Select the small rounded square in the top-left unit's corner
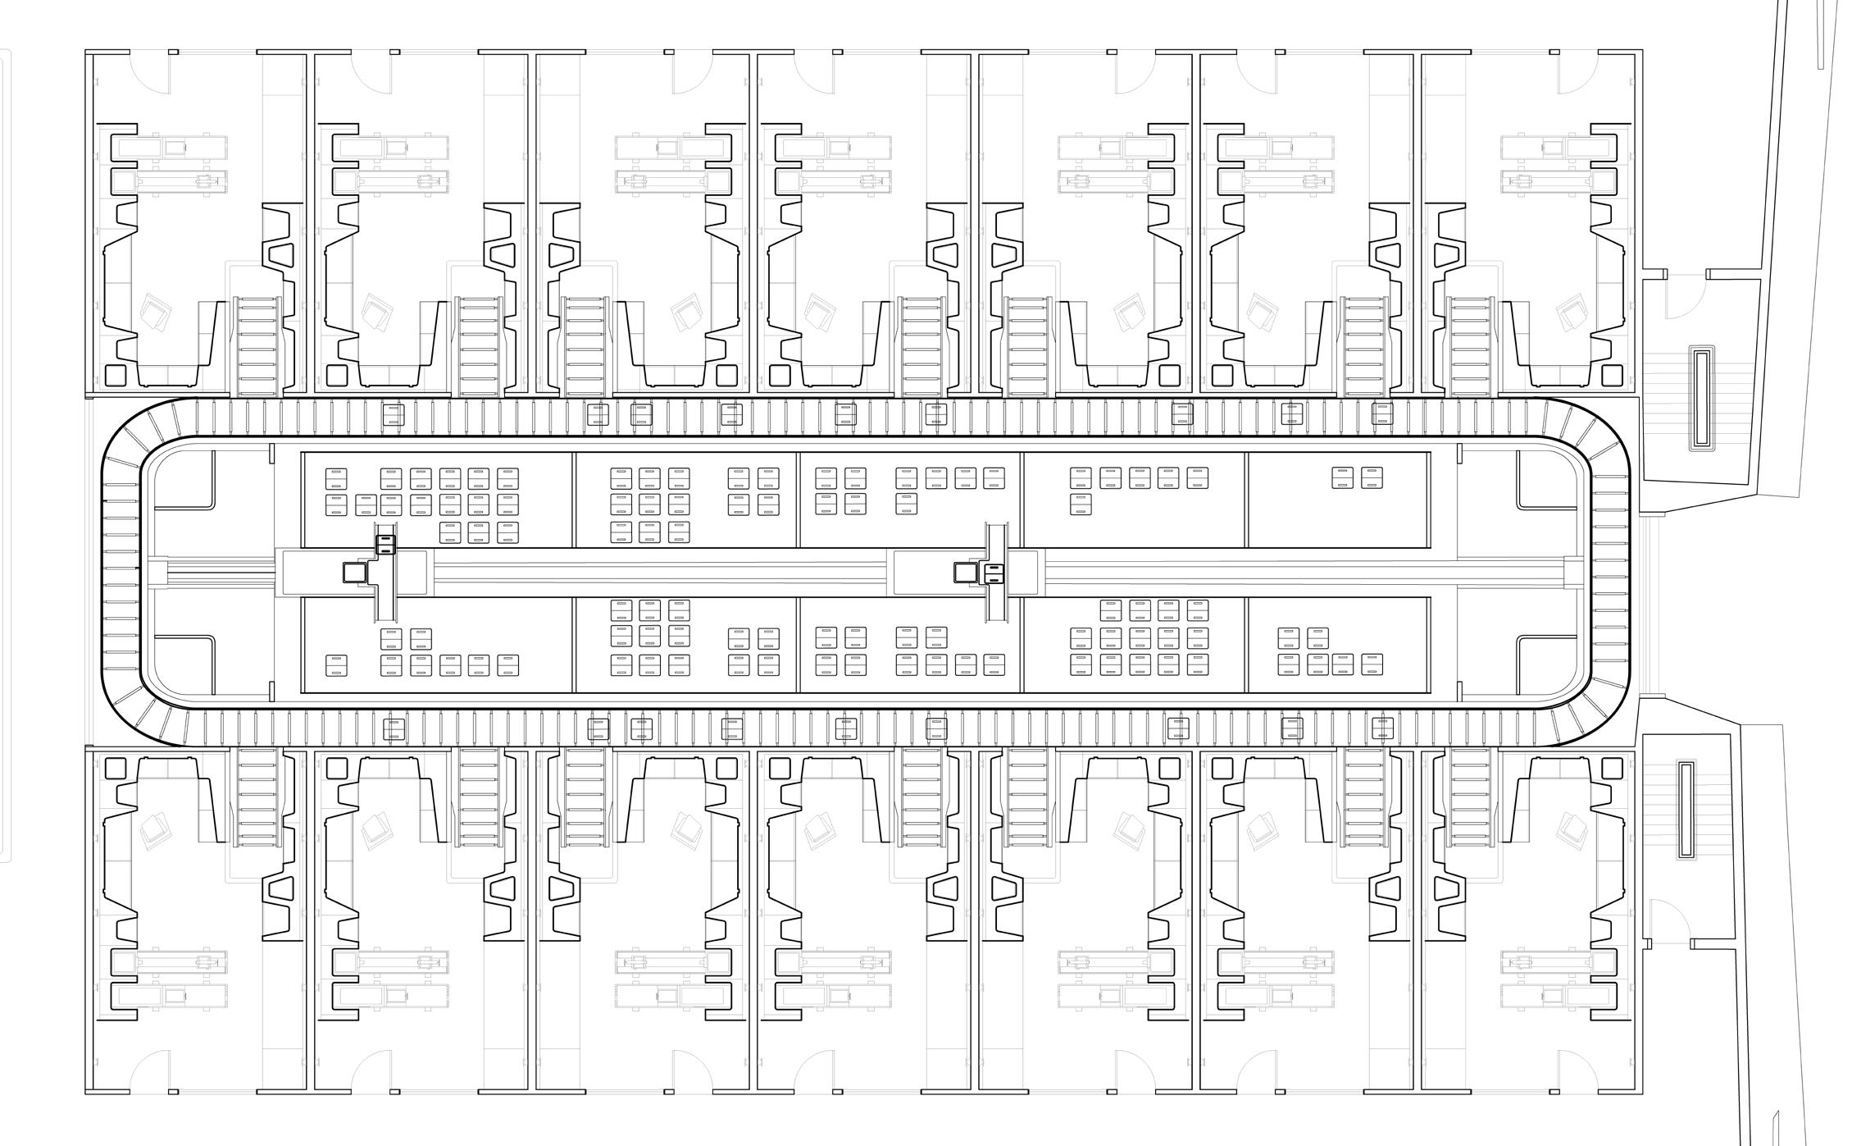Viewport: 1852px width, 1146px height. (115, 375)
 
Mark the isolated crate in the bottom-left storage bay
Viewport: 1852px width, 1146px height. (336, 665)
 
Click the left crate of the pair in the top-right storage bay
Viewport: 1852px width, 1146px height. (1342, 477)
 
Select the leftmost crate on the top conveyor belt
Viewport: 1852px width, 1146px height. (393, 414)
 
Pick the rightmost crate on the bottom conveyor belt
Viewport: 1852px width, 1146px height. (1382, 728)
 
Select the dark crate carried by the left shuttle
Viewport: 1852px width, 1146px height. (385, 545)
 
